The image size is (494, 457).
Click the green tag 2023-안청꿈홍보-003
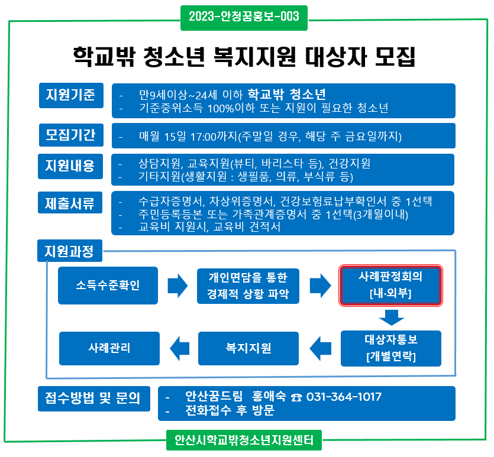tap(244, 16)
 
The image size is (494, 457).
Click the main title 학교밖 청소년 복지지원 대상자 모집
tap(244, 57)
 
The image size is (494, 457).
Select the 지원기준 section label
tap(70, 95)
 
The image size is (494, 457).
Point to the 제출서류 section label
tap(70, 203)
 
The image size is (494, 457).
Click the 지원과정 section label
tap(69, 251)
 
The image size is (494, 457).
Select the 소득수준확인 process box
tap(108, 286)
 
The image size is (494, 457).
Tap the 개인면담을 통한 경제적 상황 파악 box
tap(248, 286)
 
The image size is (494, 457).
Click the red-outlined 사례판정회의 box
tap(390, 285)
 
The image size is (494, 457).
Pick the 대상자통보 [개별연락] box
tap(391, 348)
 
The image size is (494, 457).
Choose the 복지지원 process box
tap(248, 348)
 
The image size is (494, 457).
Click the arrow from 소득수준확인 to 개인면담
tap(177, 286)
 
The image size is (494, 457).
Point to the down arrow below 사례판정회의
tap(391, 319)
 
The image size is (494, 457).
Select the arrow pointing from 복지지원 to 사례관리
tap(179, 348)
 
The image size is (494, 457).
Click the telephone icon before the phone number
tap(297, 397)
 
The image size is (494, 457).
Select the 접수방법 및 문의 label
tap(89, 398)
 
